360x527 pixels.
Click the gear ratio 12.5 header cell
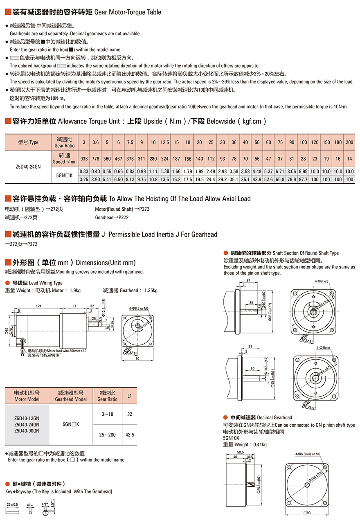click(x=165, y=142)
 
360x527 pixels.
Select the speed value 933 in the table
click(x=83, y=158)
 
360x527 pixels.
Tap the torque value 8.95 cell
click(x=303, y=171)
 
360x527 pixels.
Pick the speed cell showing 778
click(x=95, y=158)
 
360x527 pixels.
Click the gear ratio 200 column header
click(x=349, y=142)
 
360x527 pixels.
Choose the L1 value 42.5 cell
click(x=130, y=435)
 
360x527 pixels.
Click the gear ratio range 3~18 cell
click(x=107, y=414)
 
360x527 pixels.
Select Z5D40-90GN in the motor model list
click(x=27, y=430)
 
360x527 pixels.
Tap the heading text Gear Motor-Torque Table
click(x=128, y=12)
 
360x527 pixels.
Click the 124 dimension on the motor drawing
click(x=38, y=306)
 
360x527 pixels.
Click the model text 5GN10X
click(x=232, y=438)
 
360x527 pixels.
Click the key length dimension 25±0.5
click(x=12, y=504)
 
